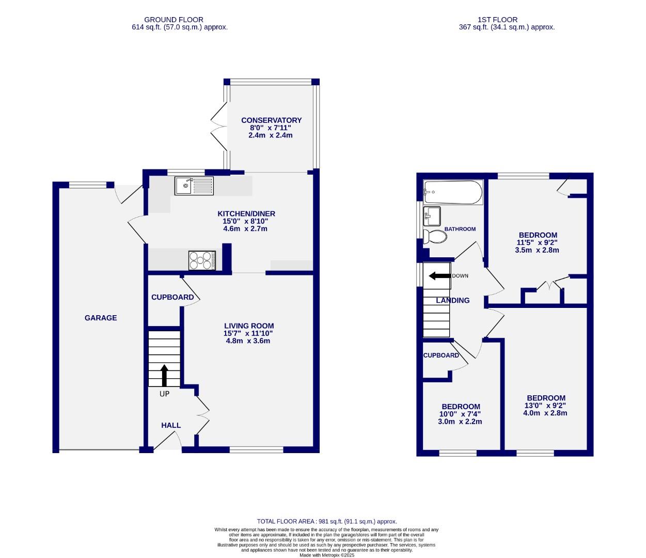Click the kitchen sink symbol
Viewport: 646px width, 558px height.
pos(194,186)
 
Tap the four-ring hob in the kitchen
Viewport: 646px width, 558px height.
pos(202,260)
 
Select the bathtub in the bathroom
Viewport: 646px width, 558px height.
pos(453,193)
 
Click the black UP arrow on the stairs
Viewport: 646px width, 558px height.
pos(164,376)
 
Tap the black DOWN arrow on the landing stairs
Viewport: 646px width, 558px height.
pos(439,276)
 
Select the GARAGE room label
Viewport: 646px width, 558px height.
pos(101,318)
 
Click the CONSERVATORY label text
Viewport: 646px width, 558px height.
pos(271,120)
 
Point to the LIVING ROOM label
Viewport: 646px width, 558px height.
pos(248,326)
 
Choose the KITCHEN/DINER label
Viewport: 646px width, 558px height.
pos(246,214)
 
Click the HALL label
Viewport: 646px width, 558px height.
pos(171,426)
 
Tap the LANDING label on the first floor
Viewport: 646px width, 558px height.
pos(453,300)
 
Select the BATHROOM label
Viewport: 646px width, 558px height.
pos(460,229)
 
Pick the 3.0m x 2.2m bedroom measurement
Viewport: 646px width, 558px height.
pos(460,422)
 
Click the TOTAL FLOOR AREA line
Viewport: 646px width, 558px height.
pos(327,522)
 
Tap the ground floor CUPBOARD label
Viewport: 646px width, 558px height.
pos(172,297)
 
